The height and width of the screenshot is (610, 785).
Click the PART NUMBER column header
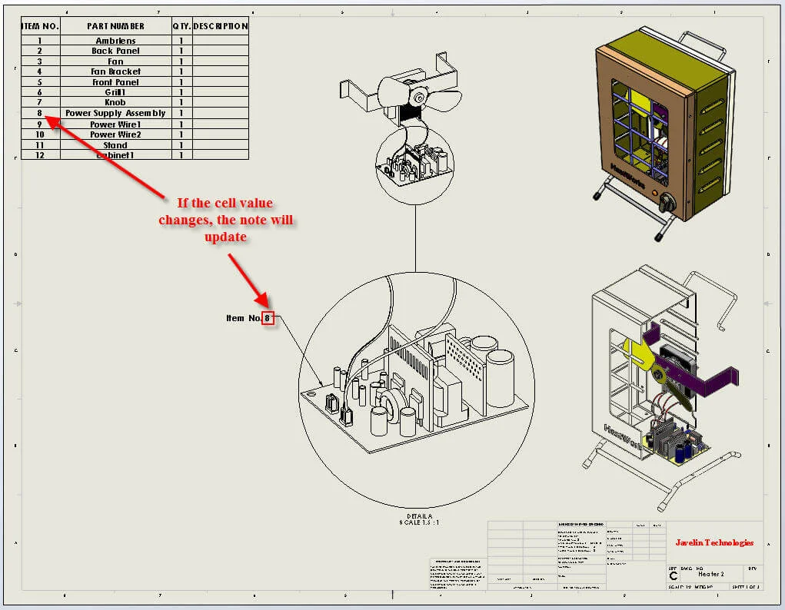coord(115,26)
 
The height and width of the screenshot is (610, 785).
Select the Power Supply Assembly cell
coord(115,113)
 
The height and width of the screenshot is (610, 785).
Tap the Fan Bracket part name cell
coord(115,71)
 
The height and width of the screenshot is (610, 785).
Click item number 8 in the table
coord(39,113)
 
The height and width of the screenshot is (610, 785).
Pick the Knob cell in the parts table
coord(115,102)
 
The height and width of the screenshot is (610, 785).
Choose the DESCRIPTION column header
coord(220,26)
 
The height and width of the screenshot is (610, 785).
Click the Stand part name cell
coord(115,144)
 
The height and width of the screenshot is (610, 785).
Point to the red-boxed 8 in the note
coord(268,318)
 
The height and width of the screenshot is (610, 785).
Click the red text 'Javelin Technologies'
coord(714,542)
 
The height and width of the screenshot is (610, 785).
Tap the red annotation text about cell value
coord(225,220)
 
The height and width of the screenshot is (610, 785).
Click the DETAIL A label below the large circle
coord(420,516)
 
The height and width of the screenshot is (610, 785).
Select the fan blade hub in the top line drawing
coord(420,97)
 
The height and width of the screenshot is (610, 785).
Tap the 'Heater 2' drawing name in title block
coord(713,575)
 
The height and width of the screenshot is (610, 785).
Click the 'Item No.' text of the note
coord(244,318)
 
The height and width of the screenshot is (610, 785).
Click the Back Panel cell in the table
coord(115,51)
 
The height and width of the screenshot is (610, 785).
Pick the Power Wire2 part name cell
coord(115,134)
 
